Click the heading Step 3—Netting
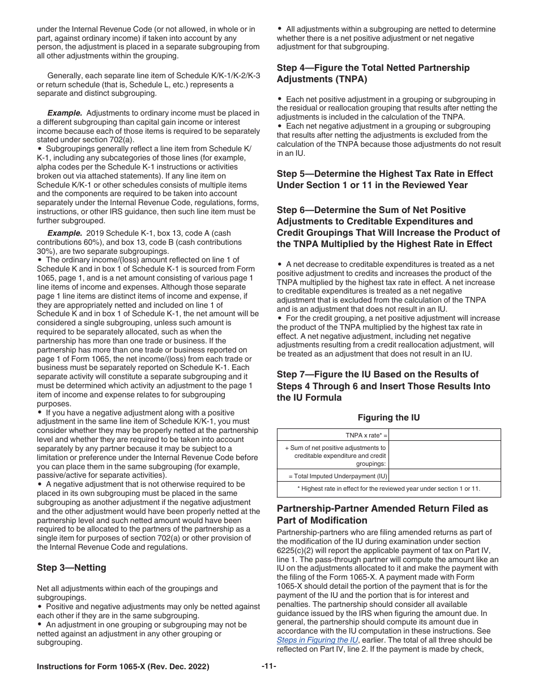click(x=71, y=568)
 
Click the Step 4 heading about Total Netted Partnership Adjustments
click(x=373, y=73)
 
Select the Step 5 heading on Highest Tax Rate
click(x=385, y=179)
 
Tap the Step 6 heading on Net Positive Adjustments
click(x=388, y=227)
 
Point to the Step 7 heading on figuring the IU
click(x=383, y=386)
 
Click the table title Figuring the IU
click(x=388, y=418)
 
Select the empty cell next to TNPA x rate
click(x=445, y=435)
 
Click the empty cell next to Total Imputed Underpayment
click(x=445, y=476)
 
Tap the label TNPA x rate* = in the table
click(x=366, y=435)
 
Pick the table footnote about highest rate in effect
click(x=388, y=488)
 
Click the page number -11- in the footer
click(x=269, y=666)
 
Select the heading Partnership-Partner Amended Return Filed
click(x=382, y=515)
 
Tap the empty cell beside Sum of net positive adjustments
click(x=445, y=456)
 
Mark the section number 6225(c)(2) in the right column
click(x=297, y=550)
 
